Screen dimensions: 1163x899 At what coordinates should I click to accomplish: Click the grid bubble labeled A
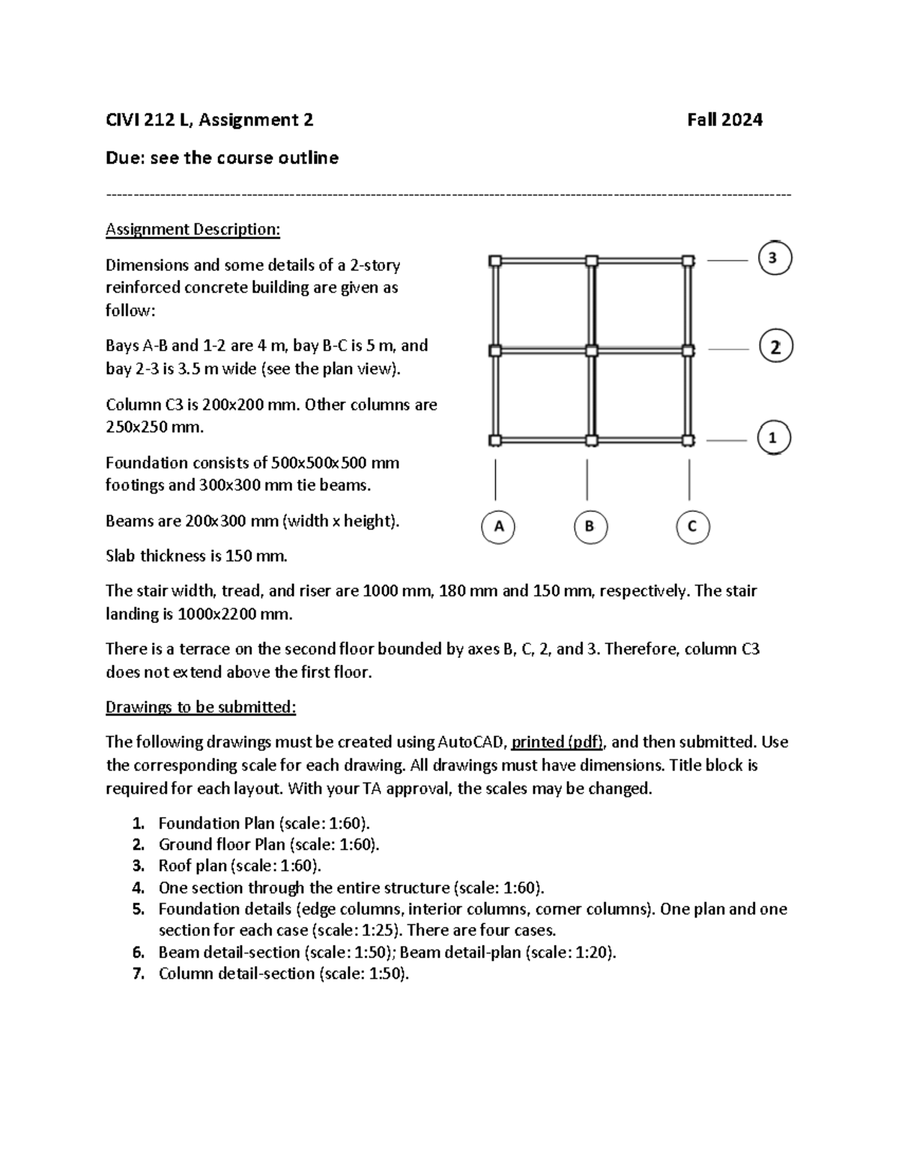pyautogui.click(x=497, y=526)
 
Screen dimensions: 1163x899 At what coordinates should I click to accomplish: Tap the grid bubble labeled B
pyautogui.click(x=590, y=526)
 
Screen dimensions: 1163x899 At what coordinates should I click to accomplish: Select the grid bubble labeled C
pyautogui.click(x=692, y=526)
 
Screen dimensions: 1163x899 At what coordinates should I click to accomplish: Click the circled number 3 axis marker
pyautogui.click(x=775, y=258)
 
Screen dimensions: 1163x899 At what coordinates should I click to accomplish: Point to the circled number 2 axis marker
pyautogui.click(x=775, y=347)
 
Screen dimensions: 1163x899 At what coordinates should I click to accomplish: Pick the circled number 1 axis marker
pyautogui.click(x=774, y=438)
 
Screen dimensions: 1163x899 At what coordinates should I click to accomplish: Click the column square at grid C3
pyautogui.click(x=688, y=261)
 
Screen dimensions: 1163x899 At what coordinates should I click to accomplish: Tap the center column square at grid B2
pyautogui.click(x=591, y=350)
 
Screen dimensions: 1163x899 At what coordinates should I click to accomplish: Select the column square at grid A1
pyautogui.click(x=495, y=440)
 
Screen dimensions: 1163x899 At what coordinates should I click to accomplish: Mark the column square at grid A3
pyautogui.click(x=495, y=261)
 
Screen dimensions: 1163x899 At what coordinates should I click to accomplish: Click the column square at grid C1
pyautogui.click(x=688, y=440)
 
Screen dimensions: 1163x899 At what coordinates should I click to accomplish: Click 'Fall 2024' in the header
pyautogui.click(x=724, y=120)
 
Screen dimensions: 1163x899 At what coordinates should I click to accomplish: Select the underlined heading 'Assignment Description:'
pyautogui.click(x=193, y=229)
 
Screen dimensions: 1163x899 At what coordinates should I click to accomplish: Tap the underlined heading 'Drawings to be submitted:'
pyautogui.click(x=201, y=707)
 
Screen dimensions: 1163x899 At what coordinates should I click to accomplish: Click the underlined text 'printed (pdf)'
pyautogui.click(x=557, y=742)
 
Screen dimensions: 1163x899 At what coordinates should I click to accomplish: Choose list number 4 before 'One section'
pyautogui.click(x=138, y=888)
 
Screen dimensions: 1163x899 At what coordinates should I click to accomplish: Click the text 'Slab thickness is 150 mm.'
pyautogui.click(x=196, y=556)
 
